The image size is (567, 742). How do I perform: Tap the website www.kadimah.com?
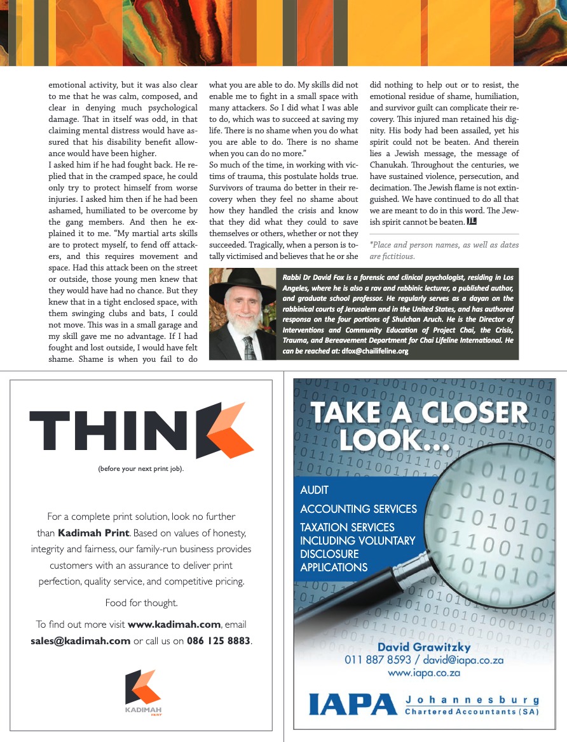(x=174, y=625)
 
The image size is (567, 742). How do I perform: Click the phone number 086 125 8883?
(x=219, y=640)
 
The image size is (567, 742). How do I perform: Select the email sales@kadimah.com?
(x=81, y=640)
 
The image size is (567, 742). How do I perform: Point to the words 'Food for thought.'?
(x=141, y=603)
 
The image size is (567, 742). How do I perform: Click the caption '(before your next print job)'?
(x=141, y=469)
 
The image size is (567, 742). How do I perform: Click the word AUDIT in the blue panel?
(x=315, y=490)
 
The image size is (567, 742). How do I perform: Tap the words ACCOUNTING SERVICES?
(x=359, y=508)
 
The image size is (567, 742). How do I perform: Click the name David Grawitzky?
(x=424, y=647)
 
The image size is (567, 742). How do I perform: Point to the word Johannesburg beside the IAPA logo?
(x=472, y=700)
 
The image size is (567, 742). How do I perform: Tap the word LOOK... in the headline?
(x=394, y=439)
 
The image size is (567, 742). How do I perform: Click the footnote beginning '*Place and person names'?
(x=444, y=251)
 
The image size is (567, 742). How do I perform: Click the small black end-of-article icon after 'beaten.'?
(x=472, y=222)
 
